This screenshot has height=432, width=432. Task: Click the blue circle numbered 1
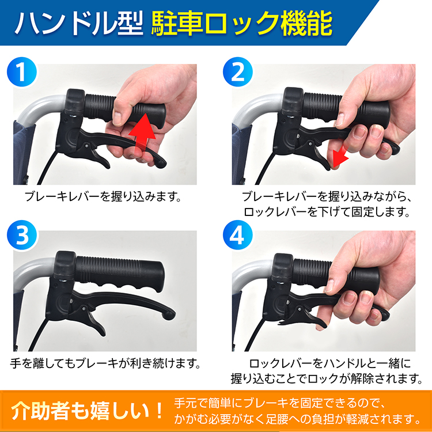tap(22, 72)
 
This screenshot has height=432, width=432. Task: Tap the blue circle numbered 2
tap(238, 72)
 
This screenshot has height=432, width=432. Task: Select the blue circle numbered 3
tap(22, 235)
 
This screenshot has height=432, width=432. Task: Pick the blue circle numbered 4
tap(238, 235)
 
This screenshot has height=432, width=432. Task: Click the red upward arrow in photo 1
tap(142, 134)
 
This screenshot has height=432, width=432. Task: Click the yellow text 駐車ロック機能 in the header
tap(241, 24)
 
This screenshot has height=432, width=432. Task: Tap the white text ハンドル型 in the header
tap(79, 24)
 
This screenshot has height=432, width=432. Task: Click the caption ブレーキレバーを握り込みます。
tap(103, 197)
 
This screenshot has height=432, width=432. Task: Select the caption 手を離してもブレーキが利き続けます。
tap(105, 363)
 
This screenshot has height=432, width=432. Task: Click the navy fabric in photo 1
tap(23, 151)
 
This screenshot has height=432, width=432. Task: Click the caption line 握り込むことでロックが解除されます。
tap(327, 379)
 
